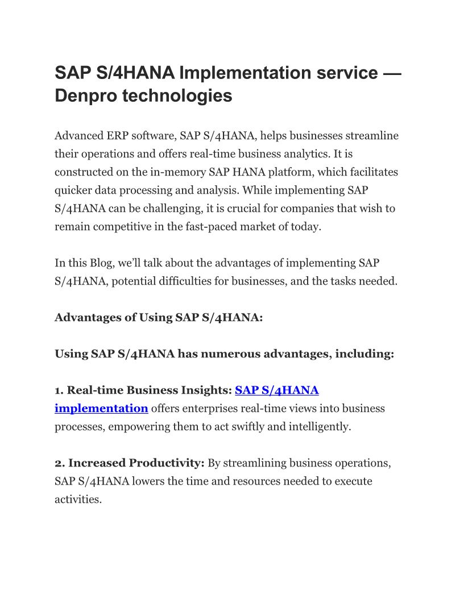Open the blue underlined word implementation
[x=101, y=409]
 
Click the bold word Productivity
[x=167, y=463]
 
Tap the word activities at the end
[x=78, y=499]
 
